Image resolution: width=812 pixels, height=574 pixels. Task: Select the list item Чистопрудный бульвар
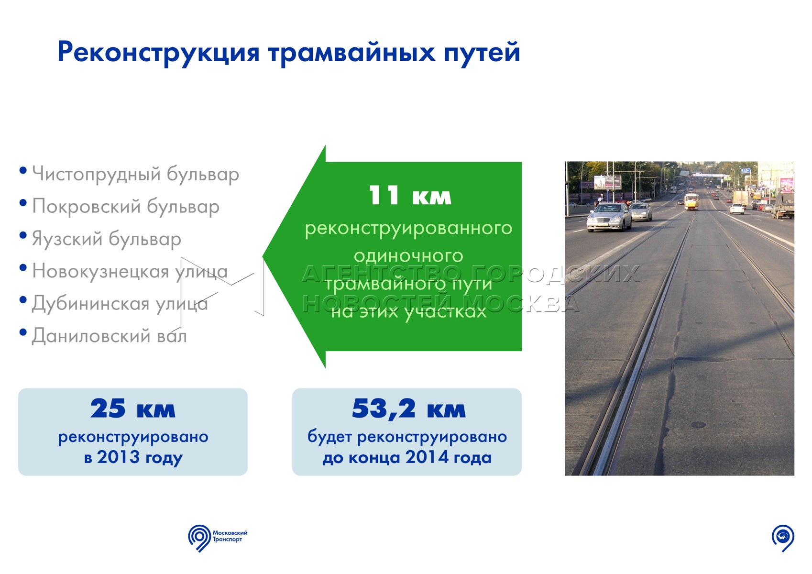[x=136, y=175]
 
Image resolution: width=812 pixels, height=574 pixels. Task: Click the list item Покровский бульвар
[x=126, y=207]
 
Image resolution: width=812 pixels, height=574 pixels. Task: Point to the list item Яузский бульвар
[x=107, y=239]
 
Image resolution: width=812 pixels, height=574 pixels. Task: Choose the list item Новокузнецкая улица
[x=130, y=271]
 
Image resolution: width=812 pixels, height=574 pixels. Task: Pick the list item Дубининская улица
[x=120, y=304]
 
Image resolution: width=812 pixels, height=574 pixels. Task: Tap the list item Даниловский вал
[x=109, y=336]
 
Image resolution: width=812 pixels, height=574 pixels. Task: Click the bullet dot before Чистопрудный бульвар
[x=23, y=170]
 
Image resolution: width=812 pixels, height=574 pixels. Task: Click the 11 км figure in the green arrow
[x=410, y=196]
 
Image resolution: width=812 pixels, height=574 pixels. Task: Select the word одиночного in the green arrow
[x=408, y=256]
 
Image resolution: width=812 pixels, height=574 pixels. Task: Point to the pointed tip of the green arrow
[x=263, y=257]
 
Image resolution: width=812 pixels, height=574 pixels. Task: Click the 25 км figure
[x=132, y=408]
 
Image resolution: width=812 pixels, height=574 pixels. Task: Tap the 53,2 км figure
[x=408, y=408]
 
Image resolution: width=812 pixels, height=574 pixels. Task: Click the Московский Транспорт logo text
[x=230, y=536]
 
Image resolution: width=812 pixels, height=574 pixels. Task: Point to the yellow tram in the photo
[x=691, y=201]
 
